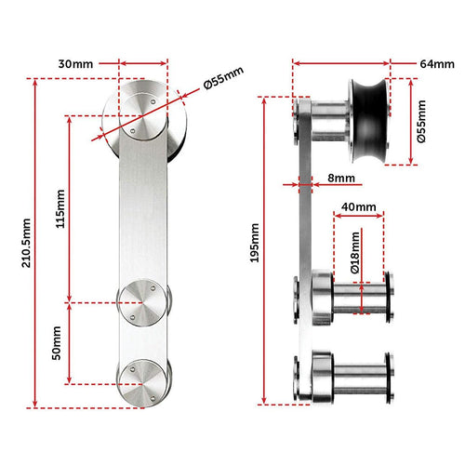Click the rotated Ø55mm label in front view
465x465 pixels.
point(222,81)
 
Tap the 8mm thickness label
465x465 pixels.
point(339,177)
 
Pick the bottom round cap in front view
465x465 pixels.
point(144,381)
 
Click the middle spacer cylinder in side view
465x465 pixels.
point(358,298)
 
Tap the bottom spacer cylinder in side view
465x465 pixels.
point(358,379)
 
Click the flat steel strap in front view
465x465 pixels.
point(144,214)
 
